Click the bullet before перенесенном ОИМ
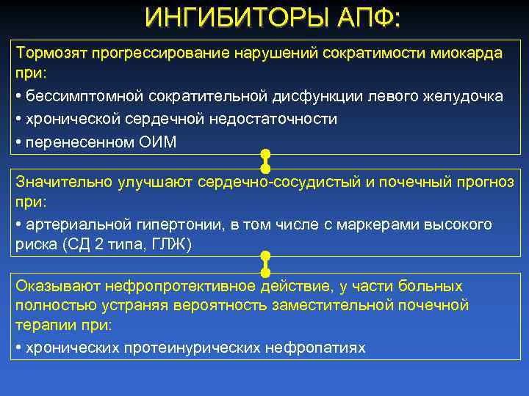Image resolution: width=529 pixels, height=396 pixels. click(x=18, y=142)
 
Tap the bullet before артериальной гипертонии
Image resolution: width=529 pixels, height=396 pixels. click(x=18, y=224)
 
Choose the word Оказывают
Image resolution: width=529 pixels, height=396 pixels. click(x=59, y=285)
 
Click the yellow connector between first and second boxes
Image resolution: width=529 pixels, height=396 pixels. click(x=265, y=161)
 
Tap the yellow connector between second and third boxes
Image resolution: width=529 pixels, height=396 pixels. click(x=265, y=263)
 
